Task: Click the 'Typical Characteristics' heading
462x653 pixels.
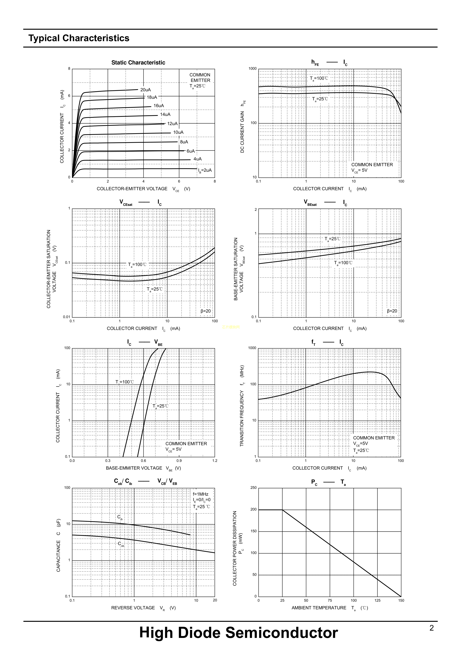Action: (x=79, y=38)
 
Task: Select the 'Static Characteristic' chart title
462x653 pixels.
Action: (x=138, y=63)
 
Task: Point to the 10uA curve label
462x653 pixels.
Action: (x=178, y=132)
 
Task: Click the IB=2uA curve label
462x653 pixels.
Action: (x=205, y=170)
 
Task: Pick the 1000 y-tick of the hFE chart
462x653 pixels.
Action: (x=252, y=69)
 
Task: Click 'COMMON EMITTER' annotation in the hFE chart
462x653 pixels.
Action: (x=372, y=165)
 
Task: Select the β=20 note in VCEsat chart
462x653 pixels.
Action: (x=206, y=311)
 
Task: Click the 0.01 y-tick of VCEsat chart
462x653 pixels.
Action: (x=66, y=317)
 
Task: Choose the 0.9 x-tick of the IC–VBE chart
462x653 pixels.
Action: (x=179, y=461)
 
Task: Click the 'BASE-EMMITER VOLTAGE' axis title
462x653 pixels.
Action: (x=134, y=468)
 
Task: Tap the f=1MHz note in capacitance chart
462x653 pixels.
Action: (x=201, y=494)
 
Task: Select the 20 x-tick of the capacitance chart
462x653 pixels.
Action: (x=215, y=600)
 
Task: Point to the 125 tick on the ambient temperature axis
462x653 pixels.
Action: (x=377, y=600)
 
